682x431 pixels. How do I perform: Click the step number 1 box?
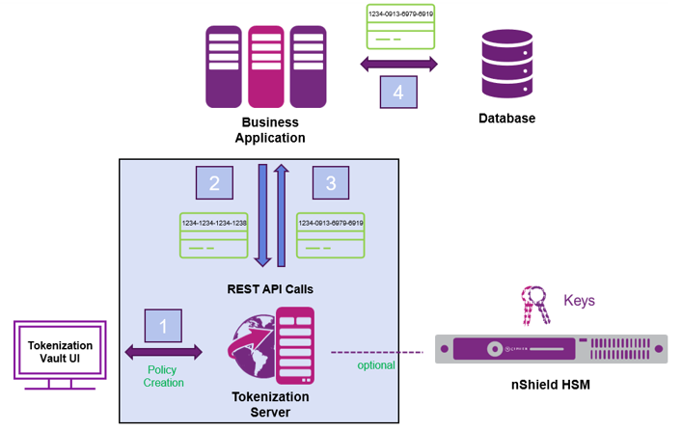tap(163, 326)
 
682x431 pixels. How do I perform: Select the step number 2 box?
tap(214, 183)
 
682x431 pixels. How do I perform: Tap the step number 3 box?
tap(331, 183)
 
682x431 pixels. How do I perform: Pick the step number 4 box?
tap(398, 93)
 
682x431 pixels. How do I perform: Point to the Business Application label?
tap(270, 130)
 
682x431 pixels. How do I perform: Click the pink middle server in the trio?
tap(265, 67)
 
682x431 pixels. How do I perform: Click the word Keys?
tap(579, 301)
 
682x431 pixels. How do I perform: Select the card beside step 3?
tap(330, 235)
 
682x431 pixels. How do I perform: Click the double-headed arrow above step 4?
tap(398, 65)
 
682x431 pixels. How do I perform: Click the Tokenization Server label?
tap(271, 405)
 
